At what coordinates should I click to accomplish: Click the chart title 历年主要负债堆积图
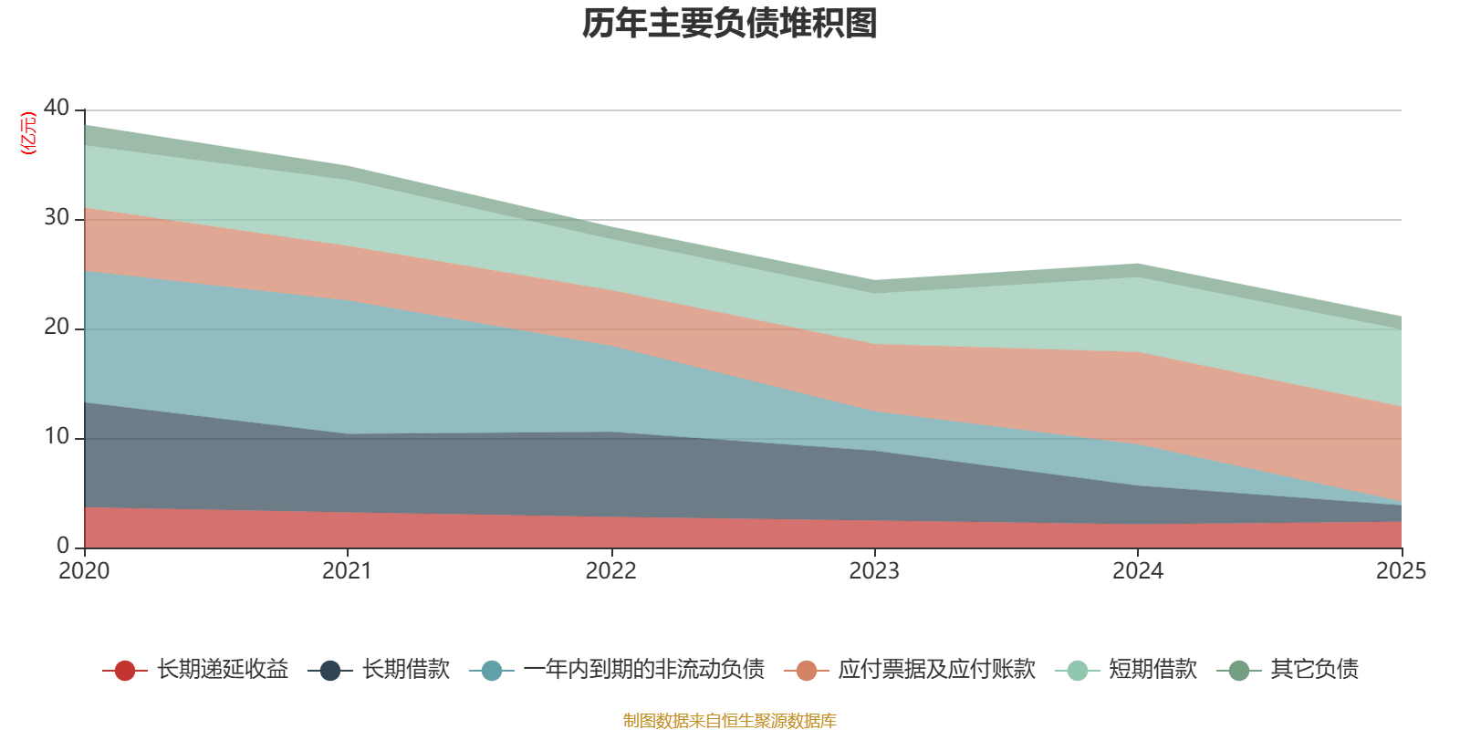coord(730,24)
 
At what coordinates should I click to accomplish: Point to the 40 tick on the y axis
coord(57,108)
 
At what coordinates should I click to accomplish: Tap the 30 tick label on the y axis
coord(57,217)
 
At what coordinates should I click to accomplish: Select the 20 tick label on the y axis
coord(57,327)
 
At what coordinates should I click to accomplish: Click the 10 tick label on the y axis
coord(57,436)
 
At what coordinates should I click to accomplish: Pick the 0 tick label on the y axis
coord(62,546)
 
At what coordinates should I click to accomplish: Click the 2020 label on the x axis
coord(84,571)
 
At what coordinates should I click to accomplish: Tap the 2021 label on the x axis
coord(348,571)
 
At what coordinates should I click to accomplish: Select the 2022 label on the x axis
coord(610,571)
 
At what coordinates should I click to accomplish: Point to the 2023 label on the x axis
coord(874,571)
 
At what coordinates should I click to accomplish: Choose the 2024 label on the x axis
coord(1137,571)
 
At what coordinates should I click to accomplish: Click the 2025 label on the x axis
coord(1401,571)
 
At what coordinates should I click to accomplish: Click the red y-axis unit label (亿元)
coord(28,133)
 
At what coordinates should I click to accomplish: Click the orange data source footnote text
coord(730,721)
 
